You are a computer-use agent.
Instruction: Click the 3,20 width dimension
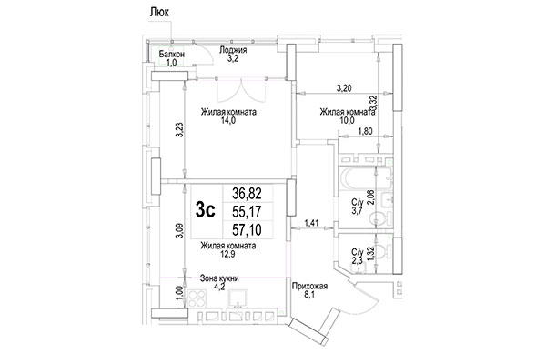pos(345,88)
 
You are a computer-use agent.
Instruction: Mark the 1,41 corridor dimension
pos(312,220)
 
